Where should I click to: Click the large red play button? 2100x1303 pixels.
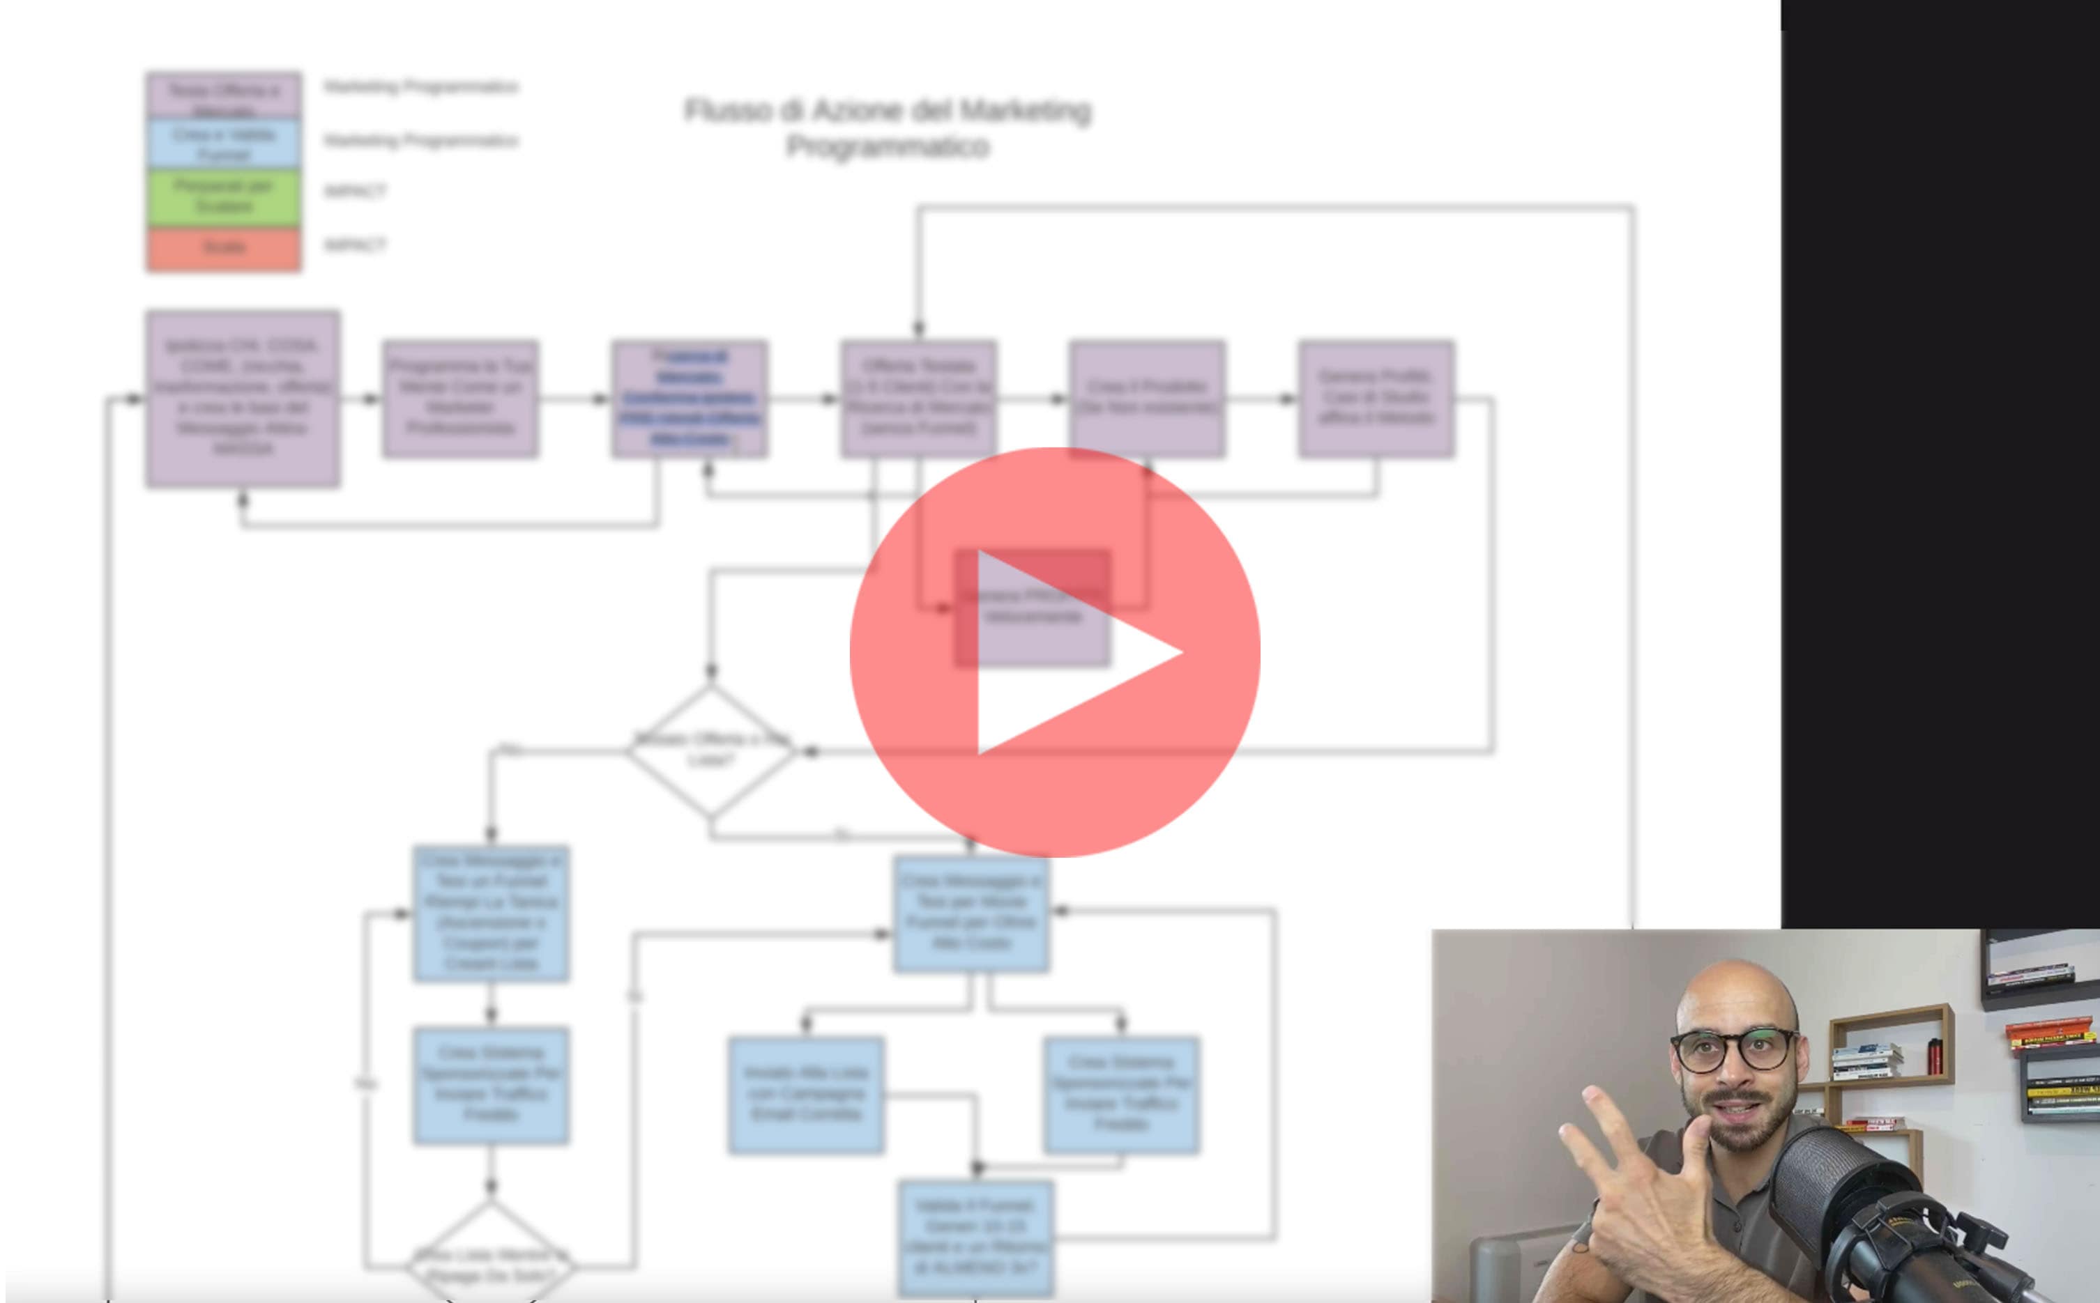click(x=1054, y=652)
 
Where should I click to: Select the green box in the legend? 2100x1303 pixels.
click(x=223, y=197)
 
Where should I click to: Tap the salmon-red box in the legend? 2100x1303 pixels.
click(x=223, y=249)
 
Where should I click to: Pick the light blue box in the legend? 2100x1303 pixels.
click(x=223, y=144)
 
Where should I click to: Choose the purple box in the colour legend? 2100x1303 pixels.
click(x=223, y=95)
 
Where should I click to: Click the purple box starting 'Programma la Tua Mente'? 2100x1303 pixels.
click(x=460, y=398)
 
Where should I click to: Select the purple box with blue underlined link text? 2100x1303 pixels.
click(x=690, y=398)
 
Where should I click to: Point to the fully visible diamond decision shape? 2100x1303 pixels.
click(x=710, y=750)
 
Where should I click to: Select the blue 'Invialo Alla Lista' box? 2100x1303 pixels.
click(x=805, y=1095)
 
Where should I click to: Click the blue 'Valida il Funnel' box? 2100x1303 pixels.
click(x=976, y=1237)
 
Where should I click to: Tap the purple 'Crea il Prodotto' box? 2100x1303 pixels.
click(x=1146, y=398)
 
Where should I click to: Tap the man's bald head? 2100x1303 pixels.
click(x=1733, y=991)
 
